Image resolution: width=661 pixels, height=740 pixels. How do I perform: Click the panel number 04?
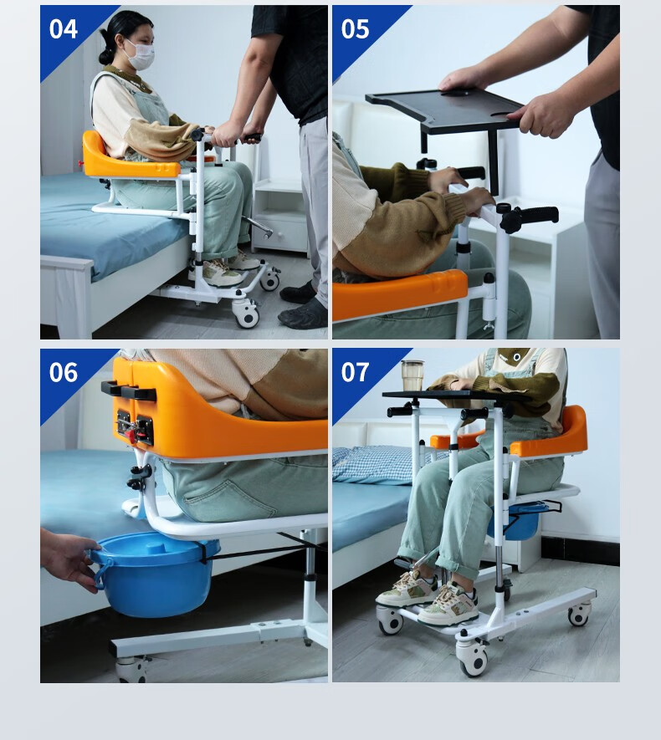coord(64,29)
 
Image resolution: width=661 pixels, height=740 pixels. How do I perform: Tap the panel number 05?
coord(355,29)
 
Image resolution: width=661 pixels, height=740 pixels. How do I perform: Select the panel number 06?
coord(64,372)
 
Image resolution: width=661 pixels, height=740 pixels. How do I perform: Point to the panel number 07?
coord(355,372)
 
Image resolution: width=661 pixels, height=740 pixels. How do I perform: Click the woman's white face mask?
coord(139,56)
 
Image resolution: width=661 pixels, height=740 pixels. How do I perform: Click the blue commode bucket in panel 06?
coord(152,574)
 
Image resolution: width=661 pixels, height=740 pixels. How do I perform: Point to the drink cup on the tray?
coord(412,375)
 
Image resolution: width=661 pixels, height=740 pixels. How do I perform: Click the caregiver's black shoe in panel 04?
coord(303,314)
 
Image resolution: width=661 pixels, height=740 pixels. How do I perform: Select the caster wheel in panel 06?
coord(131,670)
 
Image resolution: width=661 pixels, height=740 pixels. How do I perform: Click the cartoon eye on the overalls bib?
coord(516,357)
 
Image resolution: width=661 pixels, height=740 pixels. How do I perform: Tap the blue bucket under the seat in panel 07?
coord(519,521)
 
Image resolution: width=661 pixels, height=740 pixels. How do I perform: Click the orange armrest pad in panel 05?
coord(399,293)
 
